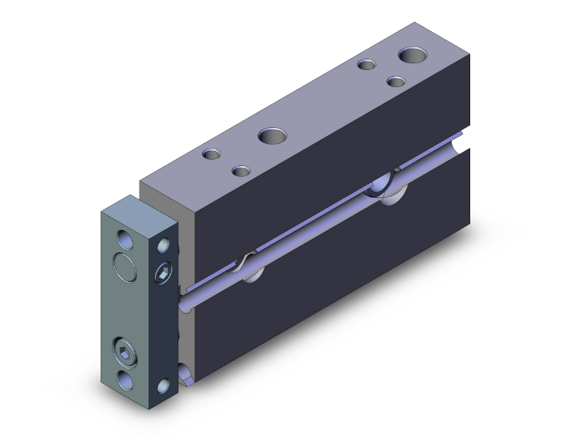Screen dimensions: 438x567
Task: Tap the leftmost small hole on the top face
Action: (x=211, y=155)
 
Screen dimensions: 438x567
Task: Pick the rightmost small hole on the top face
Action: (x=395, y=81)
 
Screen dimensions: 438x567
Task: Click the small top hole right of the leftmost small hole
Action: (x=241, y=170)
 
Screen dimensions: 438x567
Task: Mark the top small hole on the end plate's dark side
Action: (x=164, y=245)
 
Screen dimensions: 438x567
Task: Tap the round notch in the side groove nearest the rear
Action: (x=387, y=185)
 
